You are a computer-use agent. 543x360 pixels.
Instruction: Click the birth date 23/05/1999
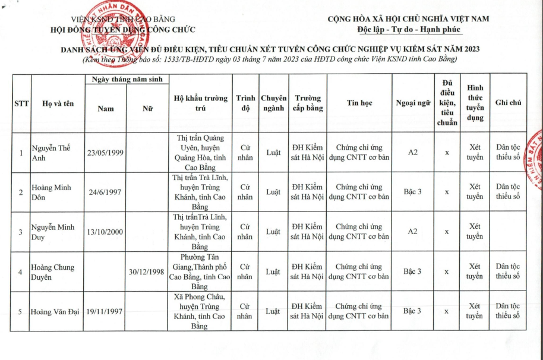(105, 153)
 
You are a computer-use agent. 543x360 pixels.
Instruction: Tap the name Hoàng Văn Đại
(56, 311)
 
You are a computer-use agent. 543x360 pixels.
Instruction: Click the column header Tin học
(359, 103)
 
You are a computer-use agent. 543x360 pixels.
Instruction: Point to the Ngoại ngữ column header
(413, 103)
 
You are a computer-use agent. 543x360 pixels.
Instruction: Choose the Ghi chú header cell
(508, 103)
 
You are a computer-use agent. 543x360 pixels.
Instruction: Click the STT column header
(21, 103)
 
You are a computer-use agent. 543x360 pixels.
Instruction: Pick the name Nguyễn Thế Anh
(52, 153)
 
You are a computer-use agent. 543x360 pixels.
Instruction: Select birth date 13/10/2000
(105, 232)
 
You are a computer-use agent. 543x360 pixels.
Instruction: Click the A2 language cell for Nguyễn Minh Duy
(413, 232)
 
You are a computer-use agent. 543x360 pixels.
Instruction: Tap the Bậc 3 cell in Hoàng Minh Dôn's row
(413, 192)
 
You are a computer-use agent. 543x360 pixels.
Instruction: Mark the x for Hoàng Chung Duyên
(447, 271)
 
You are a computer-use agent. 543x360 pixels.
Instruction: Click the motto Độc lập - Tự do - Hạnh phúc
(409, 30)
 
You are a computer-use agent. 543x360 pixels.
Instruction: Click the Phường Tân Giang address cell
(200, 271)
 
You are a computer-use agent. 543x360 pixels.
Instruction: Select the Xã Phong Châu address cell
(200, 311)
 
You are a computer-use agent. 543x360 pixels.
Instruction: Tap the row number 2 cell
(21, 192)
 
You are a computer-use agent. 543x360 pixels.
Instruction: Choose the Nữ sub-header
(147, 109)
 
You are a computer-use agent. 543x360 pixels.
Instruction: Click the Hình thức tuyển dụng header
(474, 103)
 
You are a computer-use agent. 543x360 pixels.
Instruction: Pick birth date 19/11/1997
(105, 311)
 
